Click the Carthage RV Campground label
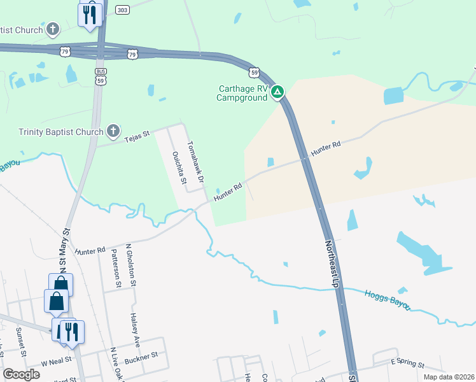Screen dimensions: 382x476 241,93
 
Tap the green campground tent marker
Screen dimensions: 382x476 277,93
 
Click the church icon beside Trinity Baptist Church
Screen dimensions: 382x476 113,132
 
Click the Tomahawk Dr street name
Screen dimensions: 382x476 194,160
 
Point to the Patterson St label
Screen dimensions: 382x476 116,269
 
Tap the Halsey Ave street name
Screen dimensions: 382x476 134,325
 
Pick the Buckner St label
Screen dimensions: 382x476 141,360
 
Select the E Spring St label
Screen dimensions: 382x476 407,364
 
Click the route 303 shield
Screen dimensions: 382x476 123,10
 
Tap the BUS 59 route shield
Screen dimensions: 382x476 101,76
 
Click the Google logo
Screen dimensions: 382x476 21,374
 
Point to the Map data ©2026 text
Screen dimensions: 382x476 448,377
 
